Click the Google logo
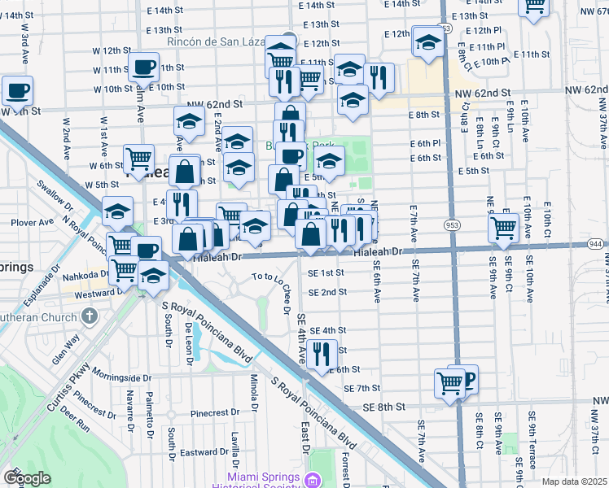(27, 477)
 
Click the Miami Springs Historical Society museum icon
(311, 481)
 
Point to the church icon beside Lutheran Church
(90, 314)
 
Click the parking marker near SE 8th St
(464, 378)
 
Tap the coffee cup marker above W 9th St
(16, 90)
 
